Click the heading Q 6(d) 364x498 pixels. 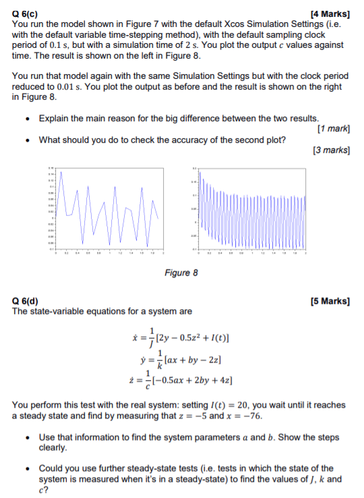click(x=26, y=301)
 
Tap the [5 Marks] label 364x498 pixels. click(x=330, y=301)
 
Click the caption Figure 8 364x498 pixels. click(x=181, y=273)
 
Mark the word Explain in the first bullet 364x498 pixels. click(x=55, y=118)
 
